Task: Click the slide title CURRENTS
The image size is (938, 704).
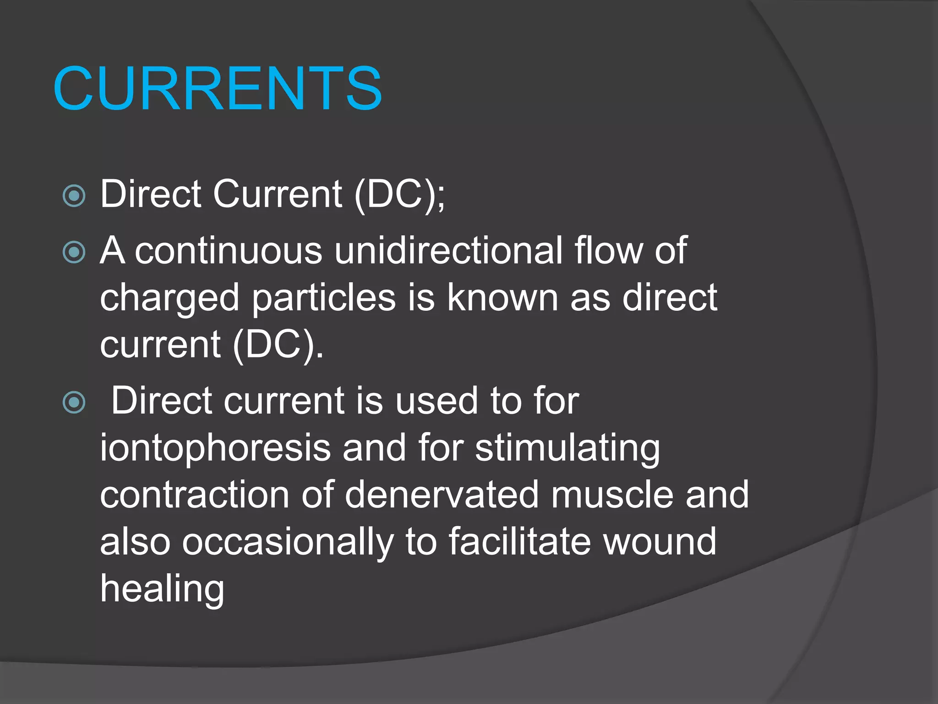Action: pos(218,88)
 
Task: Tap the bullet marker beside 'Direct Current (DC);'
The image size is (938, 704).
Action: pos(74,196)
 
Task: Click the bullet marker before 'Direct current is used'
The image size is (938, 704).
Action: pos(74,402)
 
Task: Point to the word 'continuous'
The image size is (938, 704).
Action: pos(229,251)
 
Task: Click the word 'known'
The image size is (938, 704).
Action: pos(502,298)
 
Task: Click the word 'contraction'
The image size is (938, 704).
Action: pos(195,495)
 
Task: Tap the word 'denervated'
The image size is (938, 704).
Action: pos(442,495)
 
